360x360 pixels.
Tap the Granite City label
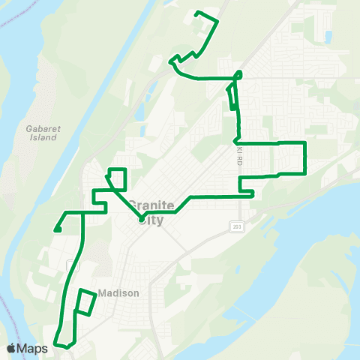pyautogui.click(x=151, y=210)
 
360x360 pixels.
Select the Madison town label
pyautogui.click(x=119, y=293)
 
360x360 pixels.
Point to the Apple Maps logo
pyautogui.click(x=27, y=348)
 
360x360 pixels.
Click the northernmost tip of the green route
pyautogui.click(x=196, y=13)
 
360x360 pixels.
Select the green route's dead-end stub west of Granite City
pyautogui.click(x=57, y=229)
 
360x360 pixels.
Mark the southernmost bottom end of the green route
pyautogui.click(x=67, y=347)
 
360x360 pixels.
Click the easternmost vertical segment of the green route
pyautogui.click(x=305, y=157)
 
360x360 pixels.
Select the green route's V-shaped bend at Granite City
pyautogui.click(x=141, y=219)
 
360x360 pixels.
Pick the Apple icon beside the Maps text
pyautogui.click(x=11, y=348)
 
